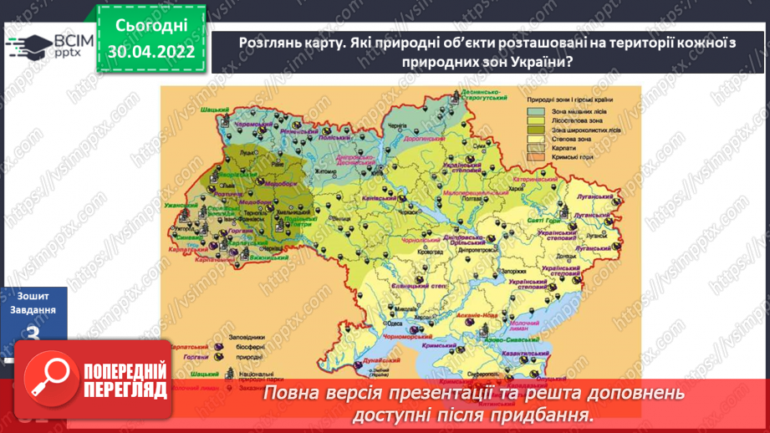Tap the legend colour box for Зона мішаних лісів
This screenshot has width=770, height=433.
[538, 111]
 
